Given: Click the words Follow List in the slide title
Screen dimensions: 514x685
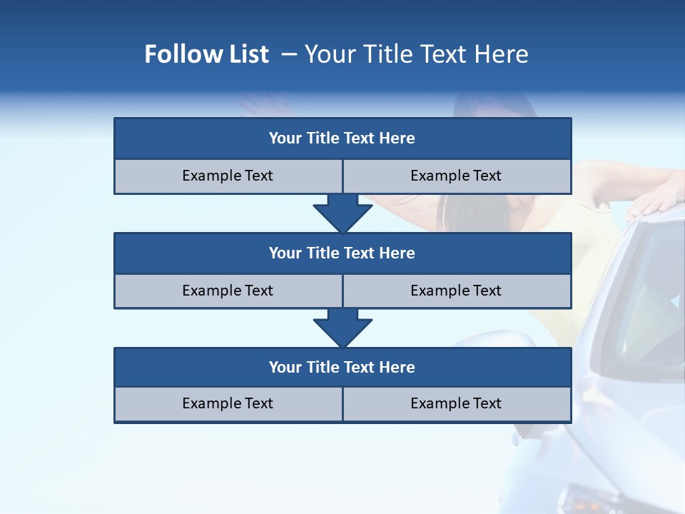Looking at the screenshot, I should click(x=206, y=54).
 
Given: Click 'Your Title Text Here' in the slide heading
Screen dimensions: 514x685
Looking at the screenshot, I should click(x=416, y=54).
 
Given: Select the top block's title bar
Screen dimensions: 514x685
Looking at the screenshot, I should click(x=342, y=138).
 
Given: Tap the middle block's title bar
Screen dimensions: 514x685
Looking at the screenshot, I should click(x=342, y=253).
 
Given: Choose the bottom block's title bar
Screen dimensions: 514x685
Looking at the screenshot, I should click(x=342, y=367).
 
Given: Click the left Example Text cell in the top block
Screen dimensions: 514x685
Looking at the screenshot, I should click(x=228, y=176).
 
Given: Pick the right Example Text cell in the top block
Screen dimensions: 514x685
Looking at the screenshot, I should click(x=457, y=176).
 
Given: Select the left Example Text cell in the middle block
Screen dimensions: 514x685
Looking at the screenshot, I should click(x=228, y=291).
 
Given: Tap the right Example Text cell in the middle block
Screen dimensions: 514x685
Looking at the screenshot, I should click(x=457, y=291).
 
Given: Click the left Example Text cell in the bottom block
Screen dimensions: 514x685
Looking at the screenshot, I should click(x=228, y=404).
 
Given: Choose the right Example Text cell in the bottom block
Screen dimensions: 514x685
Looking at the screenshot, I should click(x=457, y=404).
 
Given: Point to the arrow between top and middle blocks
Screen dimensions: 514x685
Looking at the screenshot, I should click(x=342, y=213).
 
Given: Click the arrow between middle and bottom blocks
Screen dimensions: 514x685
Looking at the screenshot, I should click(x=342, y=327).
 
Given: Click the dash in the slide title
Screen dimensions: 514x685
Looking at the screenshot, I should click(x=289, y=54).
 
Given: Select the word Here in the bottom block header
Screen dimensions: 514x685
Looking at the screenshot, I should click(x=397, y=367).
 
